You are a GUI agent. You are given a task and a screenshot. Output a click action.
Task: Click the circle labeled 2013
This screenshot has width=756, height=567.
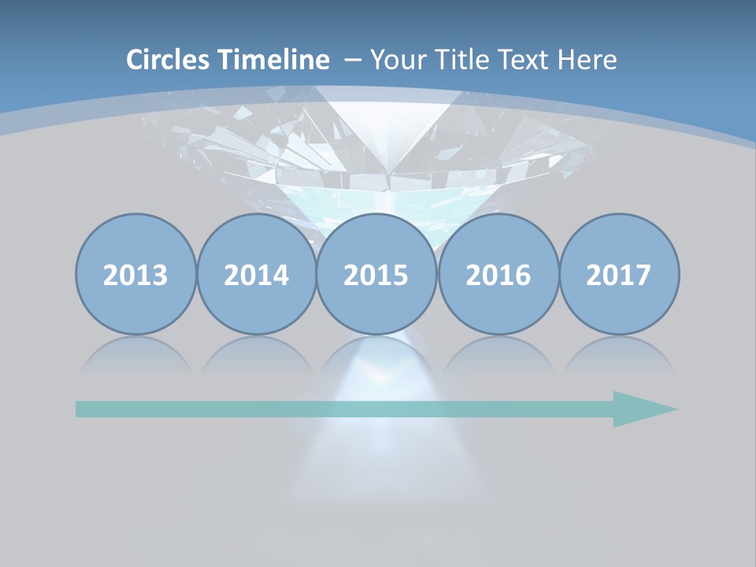[x=135, y=274]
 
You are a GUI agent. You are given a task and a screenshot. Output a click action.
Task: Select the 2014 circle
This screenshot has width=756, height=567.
[x=256, y=274]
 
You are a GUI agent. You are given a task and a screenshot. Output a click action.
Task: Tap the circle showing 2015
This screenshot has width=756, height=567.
[x=376, y=274]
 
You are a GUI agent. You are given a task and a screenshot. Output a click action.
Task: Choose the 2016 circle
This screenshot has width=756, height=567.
[x=498, y=274]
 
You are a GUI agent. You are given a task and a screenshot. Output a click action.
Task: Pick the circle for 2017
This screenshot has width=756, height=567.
[x=619, y=274]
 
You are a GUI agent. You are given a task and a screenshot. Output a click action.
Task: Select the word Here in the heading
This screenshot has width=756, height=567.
[x=589, y=60]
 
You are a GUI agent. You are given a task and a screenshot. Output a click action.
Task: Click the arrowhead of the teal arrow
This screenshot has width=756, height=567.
[x=642, y=409]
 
